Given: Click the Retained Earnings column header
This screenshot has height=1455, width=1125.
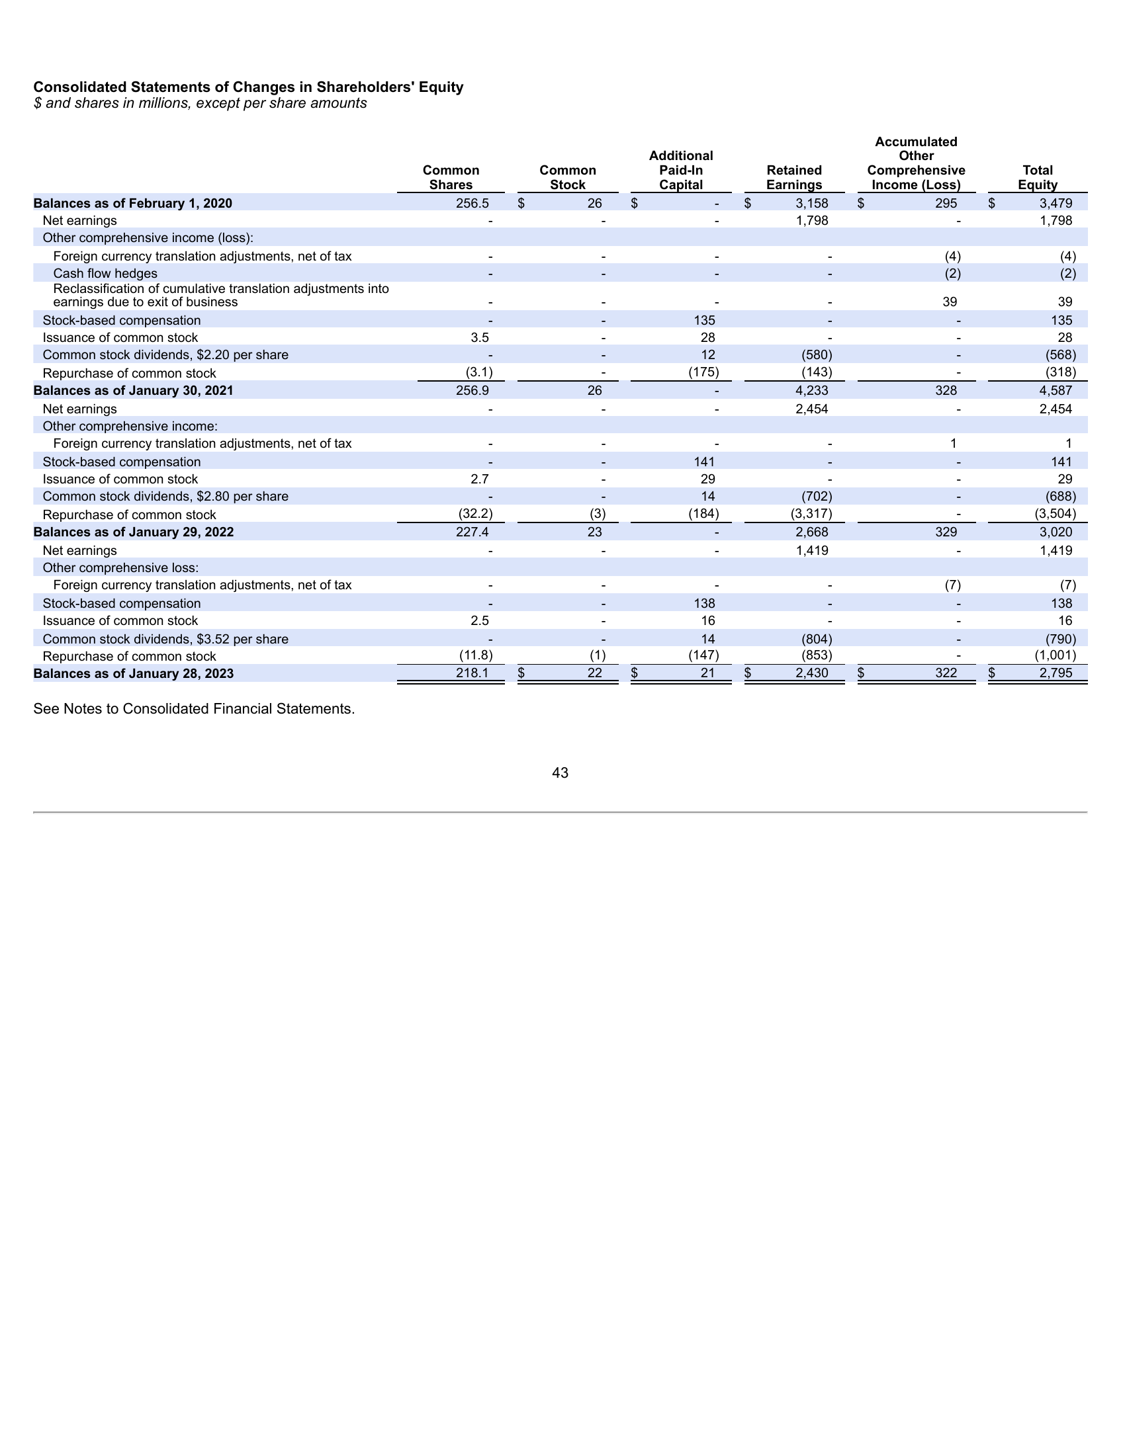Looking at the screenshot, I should coord(793,177).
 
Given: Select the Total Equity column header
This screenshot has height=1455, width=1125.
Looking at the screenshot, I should coord(1037,177).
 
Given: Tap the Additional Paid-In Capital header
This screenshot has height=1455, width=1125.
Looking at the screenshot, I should coord(680,170).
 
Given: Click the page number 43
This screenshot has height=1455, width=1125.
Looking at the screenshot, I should coord(560,772).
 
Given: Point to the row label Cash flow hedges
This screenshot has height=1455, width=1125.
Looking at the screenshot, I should coord(105,273).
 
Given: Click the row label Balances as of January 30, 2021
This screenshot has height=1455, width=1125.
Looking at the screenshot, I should coord(133,390).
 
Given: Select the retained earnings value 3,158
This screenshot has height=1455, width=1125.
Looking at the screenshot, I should coord(811,203).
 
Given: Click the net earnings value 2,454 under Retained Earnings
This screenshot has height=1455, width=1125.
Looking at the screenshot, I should coord(811,409).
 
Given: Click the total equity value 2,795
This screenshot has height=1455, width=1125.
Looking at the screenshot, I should coord(1056,673).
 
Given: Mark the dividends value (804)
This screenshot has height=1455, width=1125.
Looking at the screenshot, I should coord(817,639).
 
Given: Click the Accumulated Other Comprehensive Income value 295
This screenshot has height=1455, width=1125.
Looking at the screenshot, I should coord(945,203).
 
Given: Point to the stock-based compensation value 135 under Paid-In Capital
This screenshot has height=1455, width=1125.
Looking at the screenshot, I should coord(704,321).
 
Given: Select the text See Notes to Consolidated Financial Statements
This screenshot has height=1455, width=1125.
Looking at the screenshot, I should coord(194,709).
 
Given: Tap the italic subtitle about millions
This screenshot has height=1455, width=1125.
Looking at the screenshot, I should coord(200,103).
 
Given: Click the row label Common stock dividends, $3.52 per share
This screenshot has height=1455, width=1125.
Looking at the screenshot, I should coord(165,639).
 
